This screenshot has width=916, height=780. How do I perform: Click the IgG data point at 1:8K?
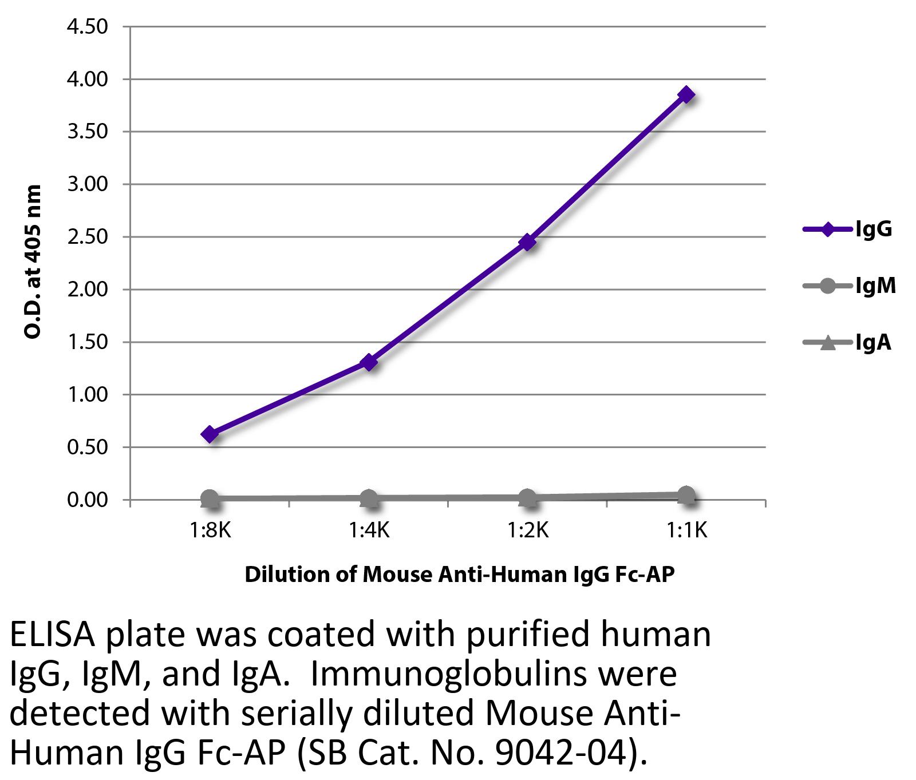[x=210, y=434]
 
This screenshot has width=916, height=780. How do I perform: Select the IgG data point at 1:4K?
[x=369, y=362]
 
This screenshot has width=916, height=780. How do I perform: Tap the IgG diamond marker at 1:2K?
[x=527, y=243]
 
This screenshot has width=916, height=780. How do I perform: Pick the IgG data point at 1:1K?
[x=686, y=95]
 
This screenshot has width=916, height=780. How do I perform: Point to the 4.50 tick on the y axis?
[x=87, y=27]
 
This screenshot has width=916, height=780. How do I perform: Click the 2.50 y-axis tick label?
[x=87, y=237]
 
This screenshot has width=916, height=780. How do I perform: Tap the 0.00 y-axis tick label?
[x=87, y=500]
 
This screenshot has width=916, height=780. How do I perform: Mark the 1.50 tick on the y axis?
[x=87, y=342]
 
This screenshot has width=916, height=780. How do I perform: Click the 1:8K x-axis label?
[x=210, y=531]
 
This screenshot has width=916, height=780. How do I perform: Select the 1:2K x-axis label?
[x=527, y=531]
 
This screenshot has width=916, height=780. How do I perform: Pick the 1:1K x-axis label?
[x=686, y=531]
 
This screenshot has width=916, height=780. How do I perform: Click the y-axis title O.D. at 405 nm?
[x=33, y=262]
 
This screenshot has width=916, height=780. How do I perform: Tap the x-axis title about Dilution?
[x=459, y=574]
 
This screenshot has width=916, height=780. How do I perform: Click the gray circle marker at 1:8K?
[x=210, y=498]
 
